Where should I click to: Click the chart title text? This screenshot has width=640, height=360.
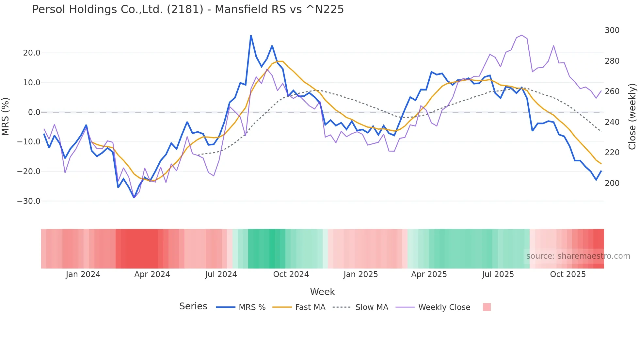(x=188, y=9)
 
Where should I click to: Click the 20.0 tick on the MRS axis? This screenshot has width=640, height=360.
(x=32, y=53)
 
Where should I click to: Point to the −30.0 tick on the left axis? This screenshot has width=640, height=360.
(x=29, y=201)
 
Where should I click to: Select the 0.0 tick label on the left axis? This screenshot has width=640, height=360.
(x=34, y=112)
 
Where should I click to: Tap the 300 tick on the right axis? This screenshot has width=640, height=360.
(x=612, y=30)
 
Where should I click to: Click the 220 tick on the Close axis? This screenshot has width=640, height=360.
(x=612, y=153)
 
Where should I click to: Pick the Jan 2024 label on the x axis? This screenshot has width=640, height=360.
(x=83, y=274)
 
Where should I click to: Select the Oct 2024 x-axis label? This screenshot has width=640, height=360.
(x=291, y=274)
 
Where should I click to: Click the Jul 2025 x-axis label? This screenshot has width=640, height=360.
(x=498, y=274)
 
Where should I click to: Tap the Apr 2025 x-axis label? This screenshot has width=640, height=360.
(x=429, y=274)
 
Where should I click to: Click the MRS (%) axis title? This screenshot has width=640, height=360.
(x=6, y=116)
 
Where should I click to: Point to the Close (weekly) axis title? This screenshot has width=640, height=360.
(x=632, y=117)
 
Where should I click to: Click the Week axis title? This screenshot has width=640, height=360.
(x=322, y=292)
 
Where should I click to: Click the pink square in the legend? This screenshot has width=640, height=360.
(x=487, y=307)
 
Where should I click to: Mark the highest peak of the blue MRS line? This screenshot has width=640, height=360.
(x=251, y=35)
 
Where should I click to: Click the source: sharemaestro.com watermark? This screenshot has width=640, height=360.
(x=578, y=256)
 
